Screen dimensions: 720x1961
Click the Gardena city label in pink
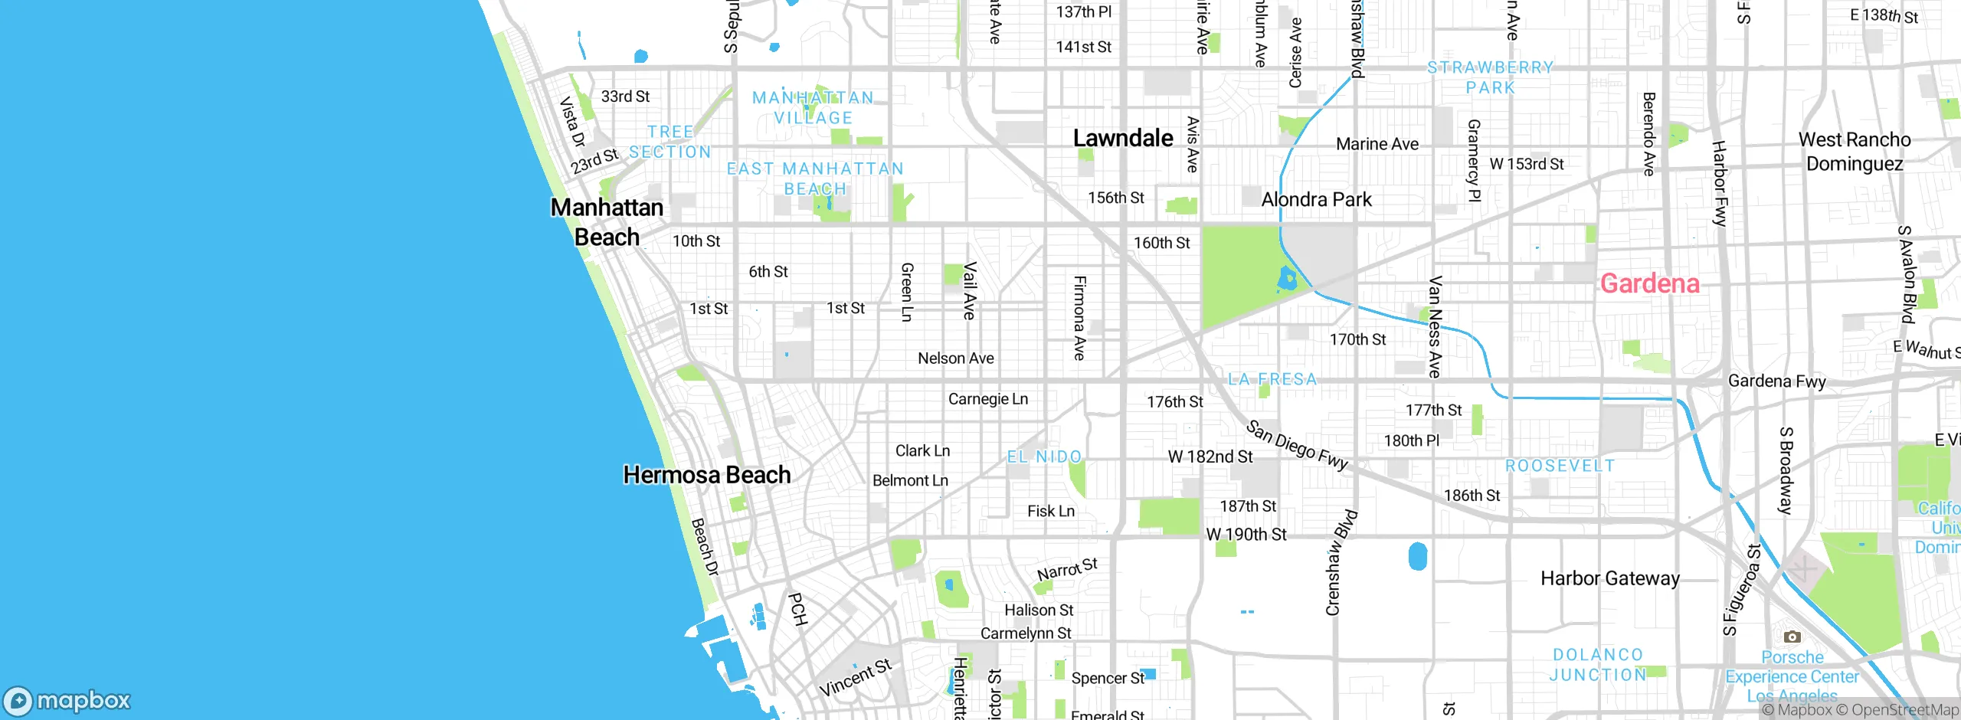coord(1649,284)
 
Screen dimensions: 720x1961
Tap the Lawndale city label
coord(1122,139)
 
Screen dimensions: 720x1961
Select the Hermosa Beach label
coord(706,475)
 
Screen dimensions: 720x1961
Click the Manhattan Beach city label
coord(607,222)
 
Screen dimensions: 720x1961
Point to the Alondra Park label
coord(1316,200)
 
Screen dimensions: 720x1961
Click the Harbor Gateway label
coord(1609,578)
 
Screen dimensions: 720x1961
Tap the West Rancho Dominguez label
coord(1854,152)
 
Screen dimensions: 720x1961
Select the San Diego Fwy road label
coord(1296,445)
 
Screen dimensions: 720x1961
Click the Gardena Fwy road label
coord(1776,381)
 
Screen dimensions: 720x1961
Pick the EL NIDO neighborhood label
coord(1044,457)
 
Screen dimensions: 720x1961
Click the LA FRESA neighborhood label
coord(1272,379)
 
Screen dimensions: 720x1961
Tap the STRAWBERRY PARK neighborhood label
coord(1490,77)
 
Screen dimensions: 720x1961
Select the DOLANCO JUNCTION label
coord(1597,665)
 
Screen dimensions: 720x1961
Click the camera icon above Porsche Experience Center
coord(1792,637)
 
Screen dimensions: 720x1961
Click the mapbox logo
coord(67,701)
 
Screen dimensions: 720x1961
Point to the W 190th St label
coord(1246,535)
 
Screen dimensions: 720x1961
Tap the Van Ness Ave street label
coord(1435,327)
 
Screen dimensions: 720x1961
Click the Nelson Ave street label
coord(955,358)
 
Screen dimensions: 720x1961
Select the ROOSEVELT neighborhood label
coord(1560,466)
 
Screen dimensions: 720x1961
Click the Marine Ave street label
coord(1377,144)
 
